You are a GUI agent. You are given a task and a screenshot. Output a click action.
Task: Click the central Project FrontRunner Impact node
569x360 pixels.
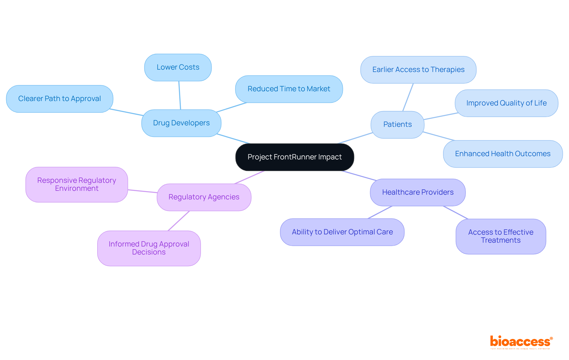point(295,157)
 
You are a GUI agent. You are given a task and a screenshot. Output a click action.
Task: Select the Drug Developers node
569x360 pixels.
point(181,123)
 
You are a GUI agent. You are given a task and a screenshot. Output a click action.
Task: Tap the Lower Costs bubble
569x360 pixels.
point(178,67)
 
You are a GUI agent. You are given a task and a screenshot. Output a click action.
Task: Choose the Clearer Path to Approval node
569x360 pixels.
point(60,99)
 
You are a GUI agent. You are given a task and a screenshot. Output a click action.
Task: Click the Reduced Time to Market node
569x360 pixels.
point(289,89)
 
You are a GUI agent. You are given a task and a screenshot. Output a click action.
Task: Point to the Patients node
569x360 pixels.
point(397,124)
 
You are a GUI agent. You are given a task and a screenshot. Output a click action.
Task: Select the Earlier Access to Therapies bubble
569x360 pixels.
point(418,70)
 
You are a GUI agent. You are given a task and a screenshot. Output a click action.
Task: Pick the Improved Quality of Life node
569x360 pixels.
point(506,103)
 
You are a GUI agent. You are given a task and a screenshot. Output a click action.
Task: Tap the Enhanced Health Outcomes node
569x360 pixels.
point(503,154)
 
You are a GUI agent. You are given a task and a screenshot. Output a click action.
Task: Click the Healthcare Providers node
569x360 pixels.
point(418,192)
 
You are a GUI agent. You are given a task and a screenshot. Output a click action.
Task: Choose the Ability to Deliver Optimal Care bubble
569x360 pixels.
point(342,232)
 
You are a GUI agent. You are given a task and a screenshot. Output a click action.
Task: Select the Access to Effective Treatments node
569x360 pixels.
point(501,236)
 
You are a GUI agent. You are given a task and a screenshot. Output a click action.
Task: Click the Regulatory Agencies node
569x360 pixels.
point(204,197)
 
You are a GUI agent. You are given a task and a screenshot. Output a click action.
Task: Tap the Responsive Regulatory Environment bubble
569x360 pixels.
point(76,184)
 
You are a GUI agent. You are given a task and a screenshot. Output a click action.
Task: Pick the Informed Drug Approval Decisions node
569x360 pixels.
point(149,248)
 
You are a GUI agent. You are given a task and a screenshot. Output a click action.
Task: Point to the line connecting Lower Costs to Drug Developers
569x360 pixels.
point(180,95)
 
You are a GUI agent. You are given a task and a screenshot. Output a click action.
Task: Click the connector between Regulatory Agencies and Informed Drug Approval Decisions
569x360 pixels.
point(179,221)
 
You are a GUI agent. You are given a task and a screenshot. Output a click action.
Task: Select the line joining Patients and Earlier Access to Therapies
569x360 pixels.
point(408,97)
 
